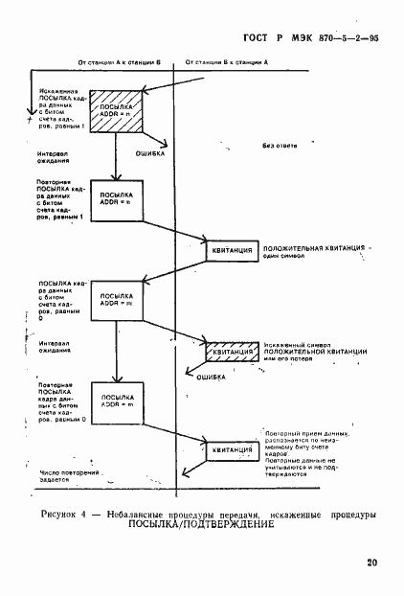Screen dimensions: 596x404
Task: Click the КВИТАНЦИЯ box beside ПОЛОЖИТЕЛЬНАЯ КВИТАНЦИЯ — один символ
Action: pos(231,250)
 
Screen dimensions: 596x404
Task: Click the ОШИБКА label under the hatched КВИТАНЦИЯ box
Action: pos(211,378)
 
